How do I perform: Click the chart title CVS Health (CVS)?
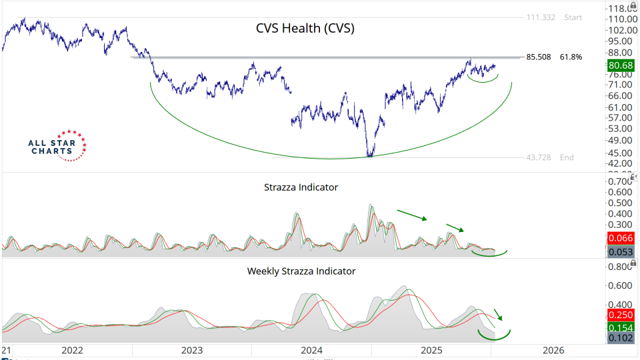[305, 29]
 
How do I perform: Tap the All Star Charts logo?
[57, 145]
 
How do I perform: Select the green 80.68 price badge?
[621, 65]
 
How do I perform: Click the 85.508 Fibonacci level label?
[538, 57]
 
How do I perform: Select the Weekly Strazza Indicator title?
[301, 271]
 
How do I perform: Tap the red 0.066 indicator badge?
[621, 238]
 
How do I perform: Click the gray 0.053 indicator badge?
[621, 251]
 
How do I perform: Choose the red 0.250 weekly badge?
[621, 315]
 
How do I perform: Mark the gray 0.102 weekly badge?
[621, 338]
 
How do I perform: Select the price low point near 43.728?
[369, 155]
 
